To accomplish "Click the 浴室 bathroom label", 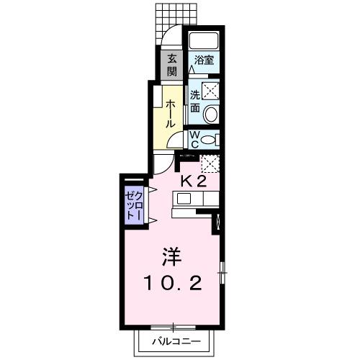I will pos(203,61).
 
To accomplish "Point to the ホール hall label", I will pos(171,114).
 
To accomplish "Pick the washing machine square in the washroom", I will pos(210,89).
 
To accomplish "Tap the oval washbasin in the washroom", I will pos(210,113).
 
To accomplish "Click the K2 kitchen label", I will pos(194,181).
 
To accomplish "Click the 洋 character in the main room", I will pos(170,256).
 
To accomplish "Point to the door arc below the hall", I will pos(163,163).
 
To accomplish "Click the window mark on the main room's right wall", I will pos(222,271).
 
